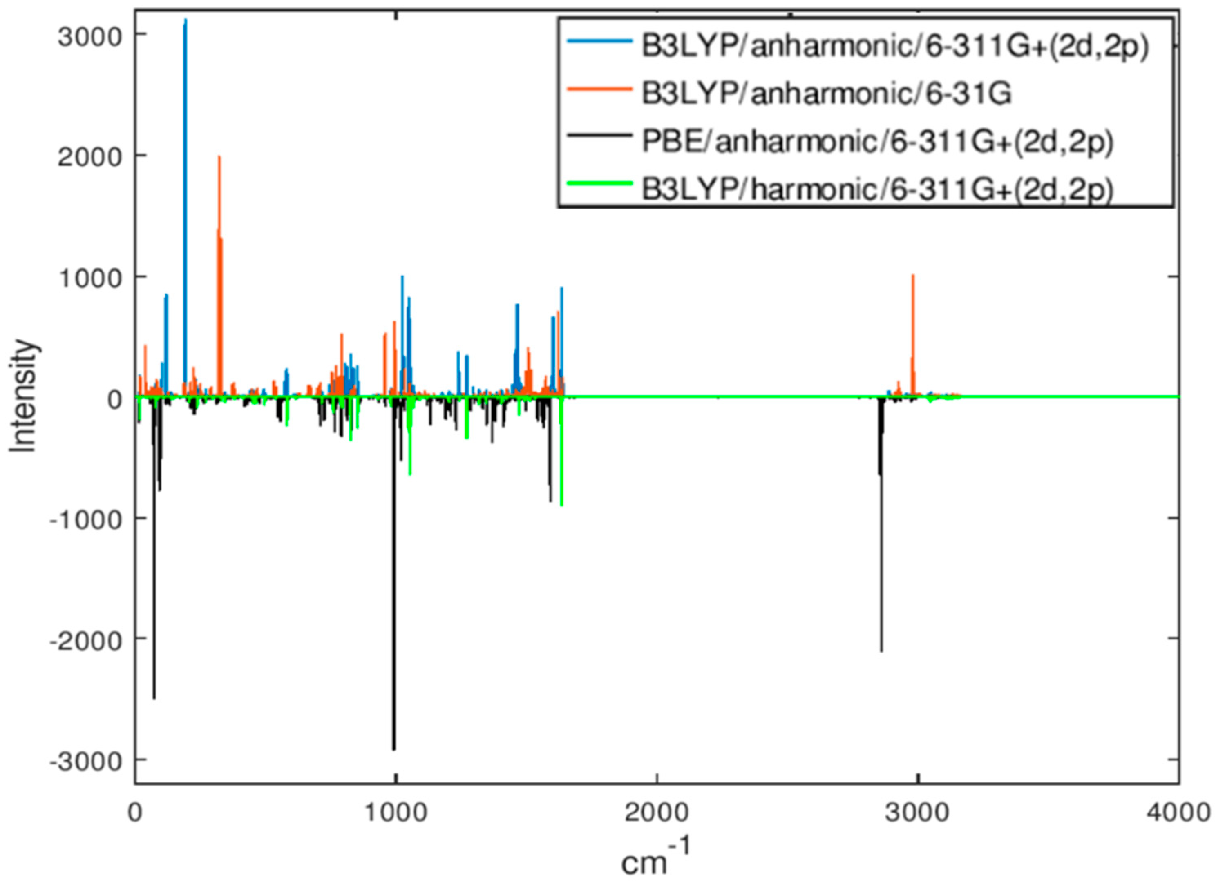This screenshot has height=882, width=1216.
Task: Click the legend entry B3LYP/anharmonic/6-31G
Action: click(x=826, y=94)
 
